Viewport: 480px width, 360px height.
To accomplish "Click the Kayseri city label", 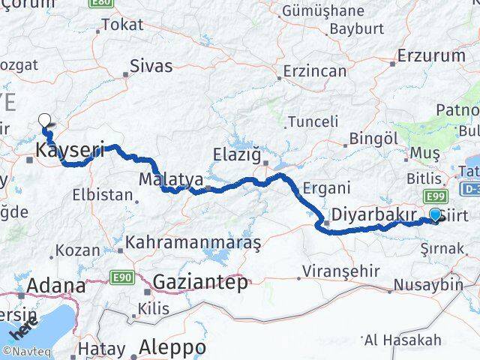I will (x=69, y=151).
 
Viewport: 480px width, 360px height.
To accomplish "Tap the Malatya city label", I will (x=171, y=180).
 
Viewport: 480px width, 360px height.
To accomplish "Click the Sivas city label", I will (x=151, y=66).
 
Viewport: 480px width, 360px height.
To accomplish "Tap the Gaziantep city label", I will (x=199, y=282).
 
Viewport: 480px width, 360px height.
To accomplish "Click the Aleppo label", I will (x=173, y=348).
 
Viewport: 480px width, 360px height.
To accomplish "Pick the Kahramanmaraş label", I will (x=193, y=243).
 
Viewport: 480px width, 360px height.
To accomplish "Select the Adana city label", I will (x=56, y=286).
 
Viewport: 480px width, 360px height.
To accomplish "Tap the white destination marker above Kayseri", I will (x=45, y=119).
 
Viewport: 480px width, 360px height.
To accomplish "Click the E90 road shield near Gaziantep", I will (x=124, y=277).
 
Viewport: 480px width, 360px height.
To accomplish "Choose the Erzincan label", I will (x=315, y=71).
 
